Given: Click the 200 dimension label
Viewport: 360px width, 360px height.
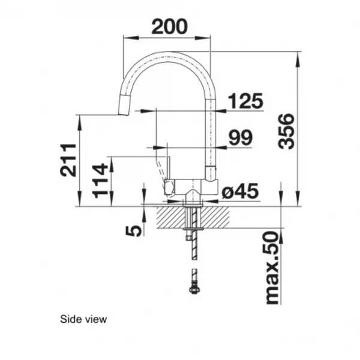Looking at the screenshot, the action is point(169,26).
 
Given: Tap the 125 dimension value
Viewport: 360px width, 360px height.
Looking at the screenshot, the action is point(245,101).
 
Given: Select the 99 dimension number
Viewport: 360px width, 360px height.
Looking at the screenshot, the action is point(241,137).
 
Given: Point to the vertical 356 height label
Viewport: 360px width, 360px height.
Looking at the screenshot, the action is point(286,131).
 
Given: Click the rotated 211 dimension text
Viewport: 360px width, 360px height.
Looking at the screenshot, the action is point(68,160).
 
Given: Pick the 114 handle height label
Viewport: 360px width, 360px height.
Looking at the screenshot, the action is point(100,181).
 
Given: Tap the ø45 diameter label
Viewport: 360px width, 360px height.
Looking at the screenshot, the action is point(240,191).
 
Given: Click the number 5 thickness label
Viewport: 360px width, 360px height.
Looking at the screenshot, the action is point(134,230).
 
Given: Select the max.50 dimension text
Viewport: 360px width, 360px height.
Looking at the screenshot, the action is point(272,268).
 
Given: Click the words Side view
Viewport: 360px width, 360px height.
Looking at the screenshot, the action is point(83,319).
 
